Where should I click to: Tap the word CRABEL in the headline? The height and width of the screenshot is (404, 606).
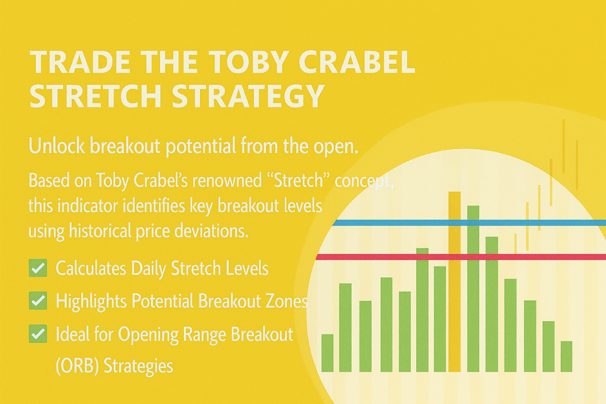357,62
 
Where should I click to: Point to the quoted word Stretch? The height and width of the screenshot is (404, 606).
298,180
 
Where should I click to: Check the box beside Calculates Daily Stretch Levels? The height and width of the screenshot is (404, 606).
38,268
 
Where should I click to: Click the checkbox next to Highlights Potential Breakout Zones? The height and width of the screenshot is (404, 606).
38,300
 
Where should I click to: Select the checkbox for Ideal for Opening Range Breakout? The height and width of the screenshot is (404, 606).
38,334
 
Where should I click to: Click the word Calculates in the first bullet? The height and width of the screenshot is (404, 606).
91,269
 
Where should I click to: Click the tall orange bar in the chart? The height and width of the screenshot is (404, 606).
454,282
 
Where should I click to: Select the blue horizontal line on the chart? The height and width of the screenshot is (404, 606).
469,223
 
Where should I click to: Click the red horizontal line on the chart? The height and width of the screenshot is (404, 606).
461,257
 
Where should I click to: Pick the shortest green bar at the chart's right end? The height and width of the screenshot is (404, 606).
567,357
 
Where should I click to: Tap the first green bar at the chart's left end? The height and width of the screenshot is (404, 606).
327,353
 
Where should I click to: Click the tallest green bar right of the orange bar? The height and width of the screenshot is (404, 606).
473,289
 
